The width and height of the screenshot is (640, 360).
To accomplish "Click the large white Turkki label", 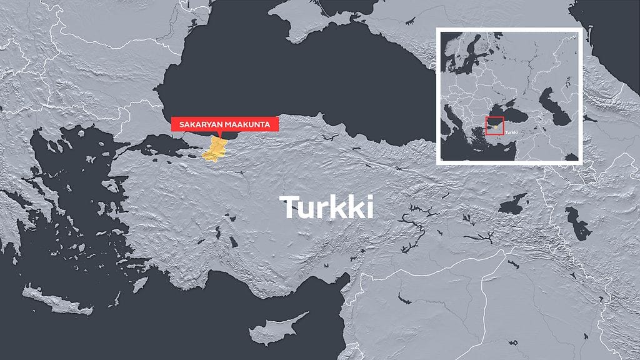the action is point(328,207).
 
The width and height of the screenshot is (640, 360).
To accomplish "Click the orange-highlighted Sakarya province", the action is point(216,149).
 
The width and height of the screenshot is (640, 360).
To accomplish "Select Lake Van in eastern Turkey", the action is point(513,204).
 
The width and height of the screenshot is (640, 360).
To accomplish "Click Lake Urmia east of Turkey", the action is point(577,223).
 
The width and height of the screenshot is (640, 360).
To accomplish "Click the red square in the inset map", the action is point(494,126).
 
